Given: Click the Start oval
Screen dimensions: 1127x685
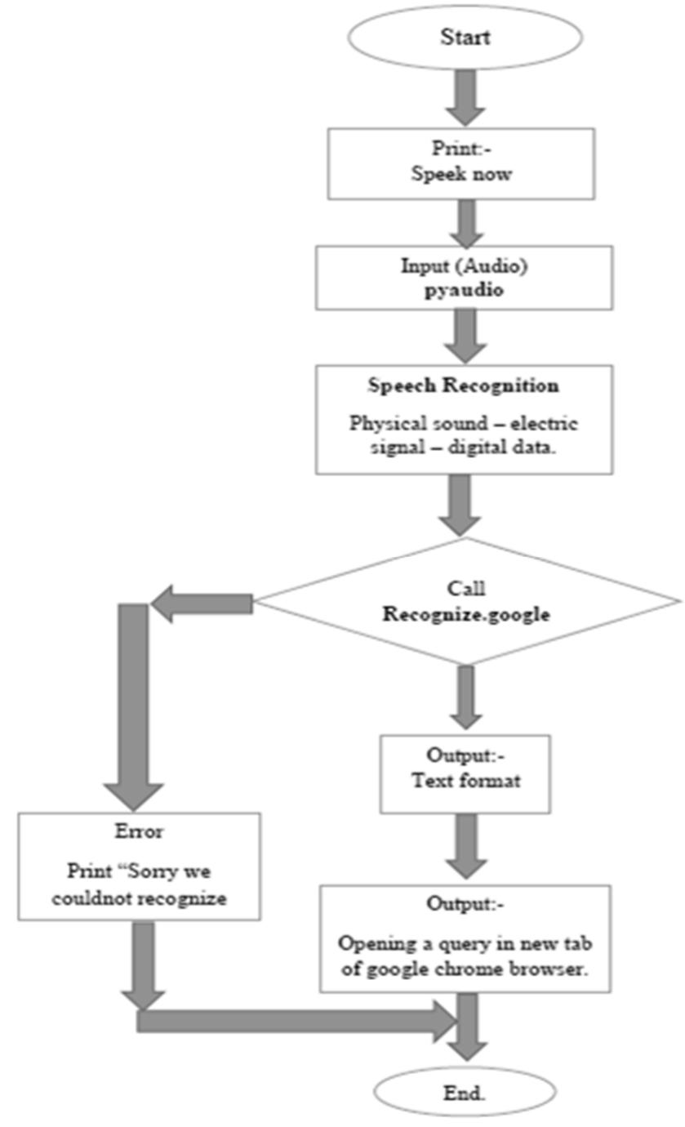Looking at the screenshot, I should pyautogui.click(x=465, y=38).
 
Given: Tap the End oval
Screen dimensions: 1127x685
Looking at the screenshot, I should pyautogui.click(x=465, y=1092).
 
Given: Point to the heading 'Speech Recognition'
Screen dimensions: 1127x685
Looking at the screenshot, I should pyautogui.click(x=465, y=385).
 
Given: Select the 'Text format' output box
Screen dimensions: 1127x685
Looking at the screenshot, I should pyautogui.click(x=465, y=773).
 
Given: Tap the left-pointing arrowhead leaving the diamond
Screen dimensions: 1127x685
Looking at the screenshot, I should pyautogui.click(x=167, y=604).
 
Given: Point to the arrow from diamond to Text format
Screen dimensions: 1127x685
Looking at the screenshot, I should pyautogui.click(x=465, y=697).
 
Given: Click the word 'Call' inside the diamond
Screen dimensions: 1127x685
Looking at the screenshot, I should pyautogui.click(x=466, y=587).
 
